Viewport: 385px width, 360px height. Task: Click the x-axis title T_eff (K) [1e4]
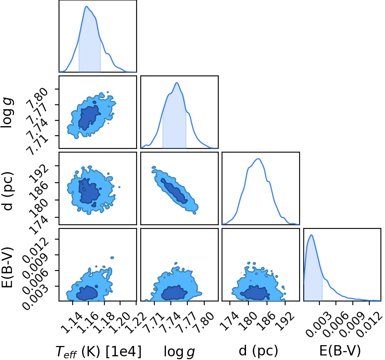click(99, 351)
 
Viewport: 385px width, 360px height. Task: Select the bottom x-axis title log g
click(179, 352)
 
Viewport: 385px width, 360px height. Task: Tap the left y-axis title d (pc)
click(8, 192)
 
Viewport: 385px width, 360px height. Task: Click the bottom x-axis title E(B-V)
click(340, 351)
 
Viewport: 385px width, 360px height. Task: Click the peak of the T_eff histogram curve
click(86, 6)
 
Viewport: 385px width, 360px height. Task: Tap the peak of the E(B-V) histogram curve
click(311, 235)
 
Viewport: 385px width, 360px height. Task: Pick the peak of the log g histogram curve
click(177, 82)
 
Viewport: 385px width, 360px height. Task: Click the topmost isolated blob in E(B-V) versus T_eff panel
click(112, 258)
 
